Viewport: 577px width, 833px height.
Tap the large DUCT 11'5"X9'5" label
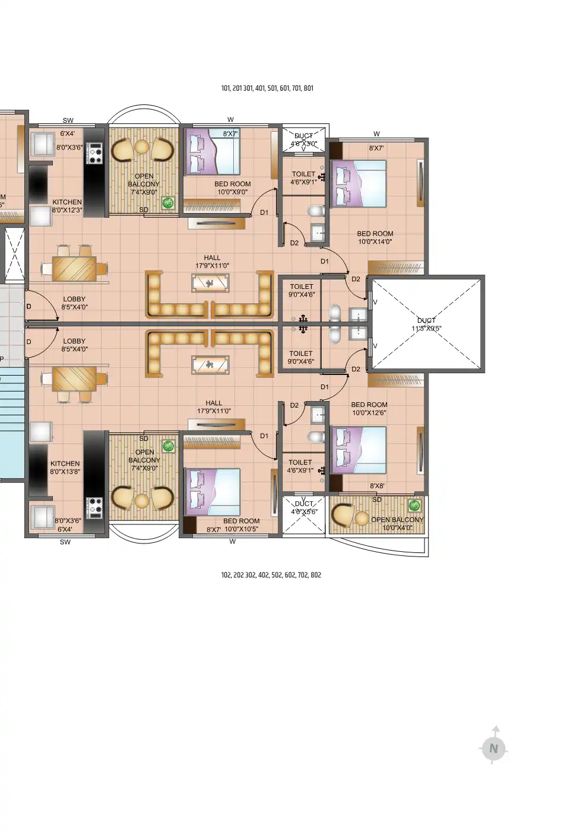426,325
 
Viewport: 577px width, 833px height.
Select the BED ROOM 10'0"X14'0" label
375,237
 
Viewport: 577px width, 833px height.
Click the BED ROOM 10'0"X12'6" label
369,409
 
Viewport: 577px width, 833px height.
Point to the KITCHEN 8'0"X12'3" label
66,206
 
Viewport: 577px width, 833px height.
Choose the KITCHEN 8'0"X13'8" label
65,468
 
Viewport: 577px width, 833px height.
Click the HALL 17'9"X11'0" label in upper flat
212,262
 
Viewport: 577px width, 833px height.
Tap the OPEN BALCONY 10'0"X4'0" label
397,523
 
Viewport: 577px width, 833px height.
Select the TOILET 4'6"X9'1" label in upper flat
303,178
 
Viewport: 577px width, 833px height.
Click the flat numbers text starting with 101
267,88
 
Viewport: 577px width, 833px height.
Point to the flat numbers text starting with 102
271,575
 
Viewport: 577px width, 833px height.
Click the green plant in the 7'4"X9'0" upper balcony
169,203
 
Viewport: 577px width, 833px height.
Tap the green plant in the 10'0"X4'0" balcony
414,506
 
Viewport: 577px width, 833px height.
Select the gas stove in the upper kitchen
94,153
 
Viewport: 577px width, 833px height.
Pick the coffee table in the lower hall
210,364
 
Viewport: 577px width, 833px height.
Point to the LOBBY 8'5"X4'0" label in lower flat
74,345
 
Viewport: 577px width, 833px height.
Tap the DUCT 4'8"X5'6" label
304,508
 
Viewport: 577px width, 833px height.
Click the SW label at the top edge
68,120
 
